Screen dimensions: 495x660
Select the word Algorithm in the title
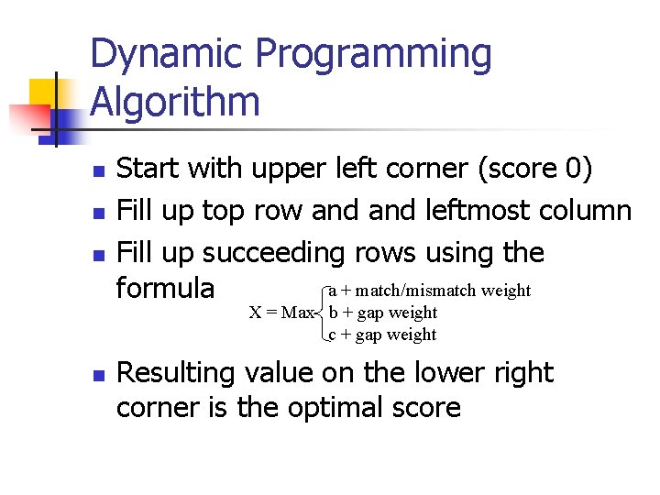[x=174, y=102]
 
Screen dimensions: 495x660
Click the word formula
[x=166, y=289]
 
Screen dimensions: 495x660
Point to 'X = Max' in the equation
[x=282, y=313]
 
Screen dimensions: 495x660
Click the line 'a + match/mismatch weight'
[x=429, y=291]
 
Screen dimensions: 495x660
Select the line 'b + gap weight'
[x=383, y=313]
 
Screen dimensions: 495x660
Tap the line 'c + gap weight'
[x=383, y=335]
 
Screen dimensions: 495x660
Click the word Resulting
[x=176, y=374]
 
